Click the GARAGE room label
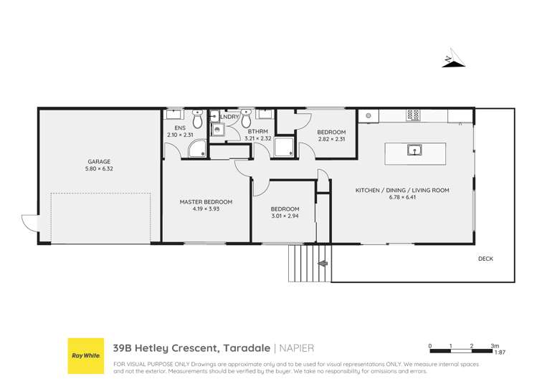point(99,162)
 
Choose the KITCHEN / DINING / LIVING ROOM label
point(402,190)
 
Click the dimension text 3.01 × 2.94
point(282,216)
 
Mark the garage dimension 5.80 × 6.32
point(99,170)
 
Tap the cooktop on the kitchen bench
point(413,115)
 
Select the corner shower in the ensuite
point(196,149)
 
